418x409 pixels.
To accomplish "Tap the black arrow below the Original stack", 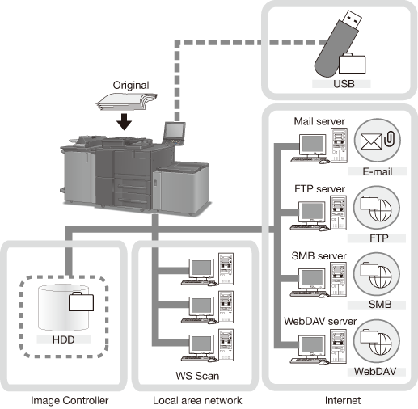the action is (x=125, y=121).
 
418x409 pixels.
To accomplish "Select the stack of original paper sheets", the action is (x=127, y=102).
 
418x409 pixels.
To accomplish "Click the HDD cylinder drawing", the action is (x=63, y=307).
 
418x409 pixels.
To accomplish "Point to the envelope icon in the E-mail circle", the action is (x=371, y=141).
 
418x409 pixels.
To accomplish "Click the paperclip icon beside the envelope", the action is (x=390, y=138).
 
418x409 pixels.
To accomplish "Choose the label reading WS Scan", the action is (x=197, y=376).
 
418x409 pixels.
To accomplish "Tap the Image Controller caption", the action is (x=70, y=400).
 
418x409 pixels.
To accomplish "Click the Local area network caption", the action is (x=197, y=400).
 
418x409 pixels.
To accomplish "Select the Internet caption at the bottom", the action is (x=343, y=400).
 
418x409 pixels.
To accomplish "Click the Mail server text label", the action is (x=319, y=121).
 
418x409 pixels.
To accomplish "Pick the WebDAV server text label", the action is (x=320, y=321).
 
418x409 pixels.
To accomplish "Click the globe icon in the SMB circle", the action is (x=381, y=276).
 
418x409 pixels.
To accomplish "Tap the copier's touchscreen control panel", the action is (x=175, y=133).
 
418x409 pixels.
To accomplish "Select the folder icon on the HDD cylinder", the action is (x=81, y=301).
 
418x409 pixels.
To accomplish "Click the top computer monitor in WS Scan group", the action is (x=201, y=268).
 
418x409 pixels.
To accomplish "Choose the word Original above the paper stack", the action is (x=131, y=86).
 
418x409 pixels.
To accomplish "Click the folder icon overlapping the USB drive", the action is (x=352, y=64).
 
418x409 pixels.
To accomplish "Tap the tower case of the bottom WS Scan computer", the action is (x=226, y=345).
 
